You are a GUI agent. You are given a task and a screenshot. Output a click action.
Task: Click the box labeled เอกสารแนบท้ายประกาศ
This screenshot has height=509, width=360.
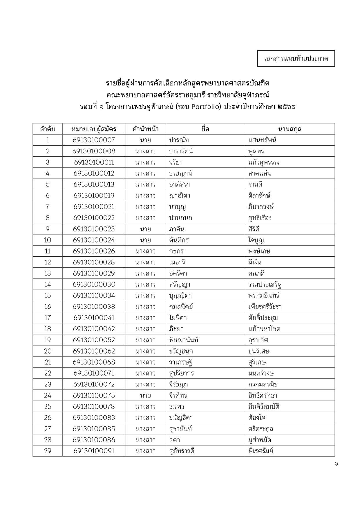296,59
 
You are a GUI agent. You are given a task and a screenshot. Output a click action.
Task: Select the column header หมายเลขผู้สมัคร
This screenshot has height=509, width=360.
94,129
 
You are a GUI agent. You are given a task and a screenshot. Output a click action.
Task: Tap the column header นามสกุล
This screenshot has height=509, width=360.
290,129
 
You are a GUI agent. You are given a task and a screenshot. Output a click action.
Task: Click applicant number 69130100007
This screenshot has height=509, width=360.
94,140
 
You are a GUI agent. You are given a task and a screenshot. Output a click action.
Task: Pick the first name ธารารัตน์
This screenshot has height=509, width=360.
181,151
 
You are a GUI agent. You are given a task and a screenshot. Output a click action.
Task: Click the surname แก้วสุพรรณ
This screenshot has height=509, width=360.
264,162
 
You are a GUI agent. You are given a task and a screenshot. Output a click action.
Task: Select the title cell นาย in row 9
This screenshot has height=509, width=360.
145,229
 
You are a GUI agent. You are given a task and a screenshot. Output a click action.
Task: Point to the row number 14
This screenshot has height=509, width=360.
48,285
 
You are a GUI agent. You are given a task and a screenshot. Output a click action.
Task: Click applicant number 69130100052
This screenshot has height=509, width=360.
94,340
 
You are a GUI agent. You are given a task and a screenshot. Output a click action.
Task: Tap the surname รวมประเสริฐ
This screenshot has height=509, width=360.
265,285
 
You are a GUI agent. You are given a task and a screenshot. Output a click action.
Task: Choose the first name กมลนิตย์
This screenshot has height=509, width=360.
181,307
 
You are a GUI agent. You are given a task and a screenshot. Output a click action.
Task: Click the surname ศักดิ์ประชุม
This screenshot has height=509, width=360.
263,318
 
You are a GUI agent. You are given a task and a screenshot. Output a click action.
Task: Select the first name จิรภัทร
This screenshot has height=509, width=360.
178,396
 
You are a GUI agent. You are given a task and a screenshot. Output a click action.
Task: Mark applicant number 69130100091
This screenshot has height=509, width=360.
94,451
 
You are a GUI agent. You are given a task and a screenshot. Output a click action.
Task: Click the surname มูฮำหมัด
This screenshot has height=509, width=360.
259,440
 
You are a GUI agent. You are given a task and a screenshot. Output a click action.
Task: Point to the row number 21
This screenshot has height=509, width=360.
48,362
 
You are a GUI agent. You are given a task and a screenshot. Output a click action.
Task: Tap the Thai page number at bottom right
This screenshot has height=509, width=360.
336,464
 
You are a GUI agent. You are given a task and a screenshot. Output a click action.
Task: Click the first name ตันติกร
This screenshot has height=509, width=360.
179,240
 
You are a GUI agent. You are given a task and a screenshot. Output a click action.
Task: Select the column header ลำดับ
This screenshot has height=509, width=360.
48,129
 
